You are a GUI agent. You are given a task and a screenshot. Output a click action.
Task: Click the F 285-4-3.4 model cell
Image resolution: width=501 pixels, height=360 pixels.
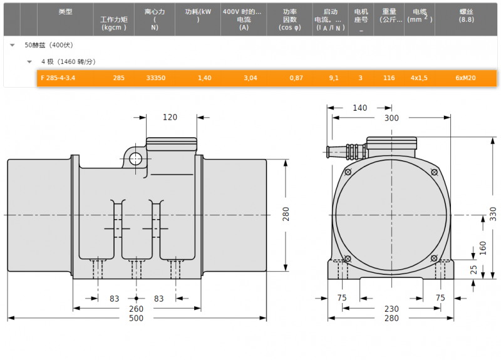point(58,78)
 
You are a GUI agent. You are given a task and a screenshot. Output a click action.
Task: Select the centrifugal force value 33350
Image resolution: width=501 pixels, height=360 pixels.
point(155,78)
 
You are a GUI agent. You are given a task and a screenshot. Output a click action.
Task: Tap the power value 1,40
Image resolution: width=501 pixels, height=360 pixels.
point(205,78)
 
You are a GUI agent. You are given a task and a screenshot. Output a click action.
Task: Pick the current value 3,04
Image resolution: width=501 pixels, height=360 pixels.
point(250,78)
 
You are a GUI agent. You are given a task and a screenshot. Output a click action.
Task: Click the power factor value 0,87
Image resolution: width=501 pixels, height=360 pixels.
point(296,78)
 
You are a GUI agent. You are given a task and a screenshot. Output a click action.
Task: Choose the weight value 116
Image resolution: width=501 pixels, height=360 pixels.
point(389,78)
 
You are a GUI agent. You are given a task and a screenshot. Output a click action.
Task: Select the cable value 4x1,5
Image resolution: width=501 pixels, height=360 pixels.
point(419,78)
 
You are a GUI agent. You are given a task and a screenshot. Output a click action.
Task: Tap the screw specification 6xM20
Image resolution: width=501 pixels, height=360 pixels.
point(465,78)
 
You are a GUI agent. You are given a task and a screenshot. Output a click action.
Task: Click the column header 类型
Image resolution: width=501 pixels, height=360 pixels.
point(66,12)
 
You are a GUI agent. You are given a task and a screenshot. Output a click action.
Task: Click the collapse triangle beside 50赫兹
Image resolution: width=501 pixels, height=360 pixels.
point(12,45)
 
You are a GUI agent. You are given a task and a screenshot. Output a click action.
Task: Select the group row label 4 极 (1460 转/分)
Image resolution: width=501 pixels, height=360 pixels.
point(68,61)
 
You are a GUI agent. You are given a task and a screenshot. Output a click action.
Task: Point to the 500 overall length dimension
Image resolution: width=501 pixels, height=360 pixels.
point(136,318)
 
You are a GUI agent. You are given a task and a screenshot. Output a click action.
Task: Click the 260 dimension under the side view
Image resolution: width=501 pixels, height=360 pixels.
point(136,309)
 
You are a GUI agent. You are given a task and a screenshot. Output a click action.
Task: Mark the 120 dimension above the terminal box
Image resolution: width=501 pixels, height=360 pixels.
point(170,118)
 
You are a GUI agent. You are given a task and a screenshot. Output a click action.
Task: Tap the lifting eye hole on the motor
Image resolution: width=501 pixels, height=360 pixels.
point(135,159)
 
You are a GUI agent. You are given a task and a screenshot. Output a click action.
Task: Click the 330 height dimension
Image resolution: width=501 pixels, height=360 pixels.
point(493,214)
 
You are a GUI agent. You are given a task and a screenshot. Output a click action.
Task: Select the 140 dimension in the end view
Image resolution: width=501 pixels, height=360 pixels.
point(359,108)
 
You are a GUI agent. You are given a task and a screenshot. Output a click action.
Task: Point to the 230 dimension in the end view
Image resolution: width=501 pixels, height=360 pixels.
point(391,309)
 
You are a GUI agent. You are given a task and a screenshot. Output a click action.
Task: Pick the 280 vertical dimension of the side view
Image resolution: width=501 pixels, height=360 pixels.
point(286,214)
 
